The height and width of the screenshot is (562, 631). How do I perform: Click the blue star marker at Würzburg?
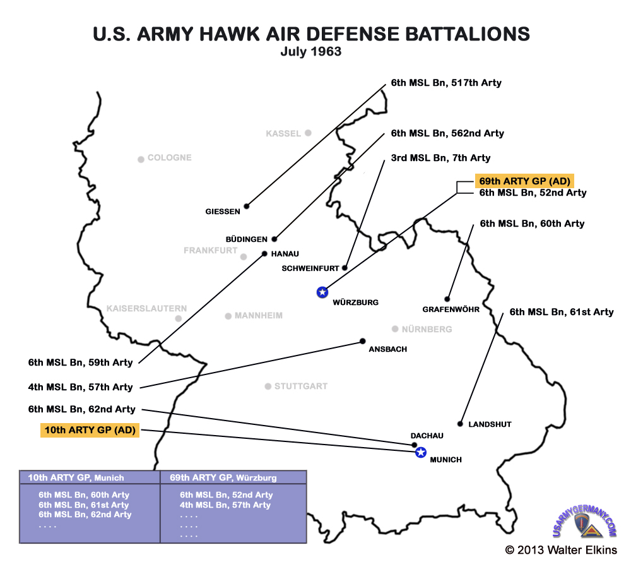click(x=322, y=292)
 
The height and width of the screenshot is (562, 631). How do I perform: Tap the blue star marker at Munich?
click(x=421, y=452)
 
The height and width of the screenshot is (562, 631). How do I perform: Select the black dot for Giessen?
click(x=247, y=206)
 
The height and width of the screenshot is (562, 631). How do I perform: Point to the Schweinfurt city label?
click(x=310, y=268)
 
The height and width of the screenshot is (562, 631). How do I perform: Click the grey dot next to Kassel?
click(x=308, y=133)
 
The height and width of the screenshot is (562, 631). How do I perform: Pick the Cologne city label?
click(x=169, y=158)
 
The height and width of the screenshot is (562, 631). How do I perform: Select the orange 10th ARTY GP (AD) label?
click(x=90, y=431)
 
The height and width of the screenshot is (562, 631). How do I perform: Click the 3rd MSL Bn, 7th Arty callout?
click(x=440, y=158)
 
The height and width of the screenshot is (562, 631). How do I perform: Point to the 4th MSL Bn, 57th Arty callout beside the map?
click(x=81, y=386)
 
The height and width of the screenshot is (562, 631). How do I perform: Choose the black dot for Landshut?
click(x=460, y=424)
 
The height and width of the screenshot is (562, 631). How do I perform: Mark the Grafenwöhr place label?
click(x=451, y=309)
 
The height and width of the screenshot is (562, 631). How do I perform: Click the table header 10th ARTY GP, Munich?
click(x=72, y=478)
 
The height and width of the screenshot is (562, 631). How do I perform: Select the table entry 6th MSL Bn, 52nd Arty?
click(x=226, y=495)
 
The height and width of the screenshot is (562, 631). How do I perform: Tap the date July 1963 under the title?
click(x=311, y=52)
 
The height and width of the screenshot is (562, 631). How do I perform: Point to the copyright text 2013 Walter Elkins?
click(x=561, y=550)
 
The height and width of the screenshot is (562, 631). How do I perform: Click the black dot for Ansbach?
click(x=363, y=341)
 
